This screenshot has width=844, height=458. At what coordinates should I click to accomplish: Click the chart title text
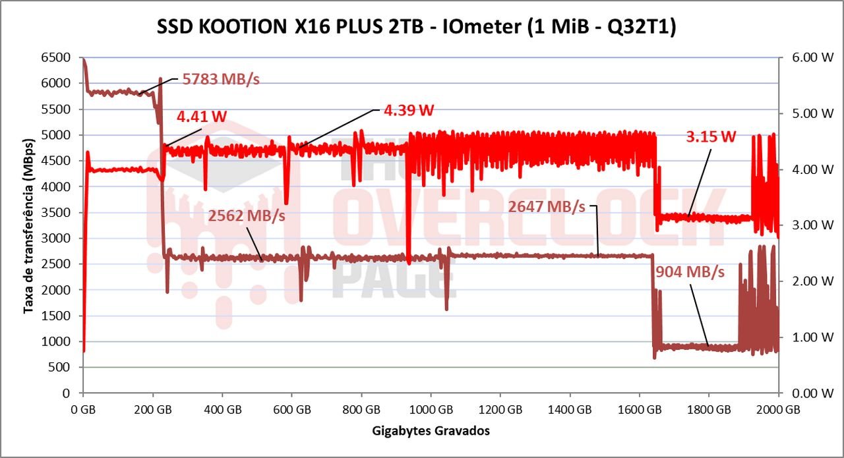click(416, 28)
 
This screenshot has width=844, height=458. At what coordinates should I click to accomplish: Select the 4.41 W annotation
click(202, 117)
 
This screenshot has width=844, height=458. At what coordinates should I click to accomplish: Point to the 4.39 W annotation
click(409, 110)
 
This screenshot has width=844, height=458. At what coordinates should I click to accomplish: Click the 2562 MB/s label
click(247, 216)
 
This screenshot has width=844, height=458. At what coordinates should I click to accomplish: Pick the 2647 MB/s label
click(547, 207)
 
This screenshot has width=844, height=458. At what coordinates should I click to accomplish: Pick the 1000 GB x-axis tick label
click(431, 409)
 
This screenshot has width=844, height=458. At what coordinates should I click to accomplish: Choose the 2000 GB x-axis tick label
click(779, 409)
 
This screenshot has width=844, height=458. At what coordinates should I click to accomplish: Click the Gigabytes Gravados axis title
click(431, 431)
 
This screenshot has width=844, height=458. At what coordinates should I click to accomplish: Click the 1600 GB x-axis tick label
click(640, 409)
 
